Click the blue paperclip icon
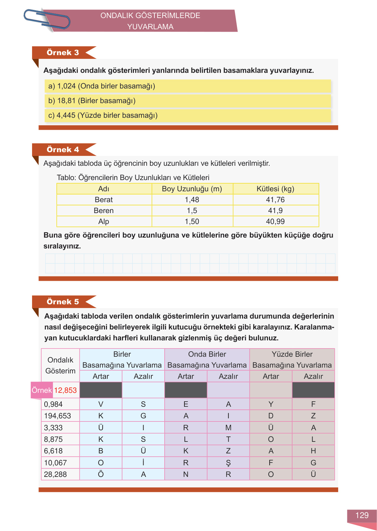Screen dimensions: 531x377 [x=47, y=19]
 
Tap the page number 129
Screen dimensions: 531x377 [x=362, y=515]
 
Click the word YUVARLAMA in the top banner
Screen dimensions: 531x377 [x=150, y=27]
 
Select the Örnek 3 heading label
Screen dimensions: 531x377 [x=63, y=52]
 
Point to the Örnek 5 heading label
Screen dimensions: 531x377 [x=63, y=302]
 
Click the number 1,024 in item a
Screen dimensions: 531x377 [x=66, y=86]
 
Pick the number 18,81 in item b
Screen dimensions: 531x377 [x=66, y=101]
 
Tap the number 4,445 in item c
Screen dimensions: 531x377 [x=66, y=115]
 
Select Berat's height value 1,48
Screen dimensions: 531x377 [x=192, y=200]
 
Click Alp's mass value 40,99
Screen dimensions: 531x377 [x=275, y=222]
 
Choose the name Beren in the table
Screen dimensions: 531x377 [x=104, y=211]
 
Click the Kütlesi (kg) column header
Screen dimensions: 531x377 [x=275, y=189]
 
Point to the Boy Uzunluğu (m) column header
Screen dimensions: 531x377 [x=192, y=189]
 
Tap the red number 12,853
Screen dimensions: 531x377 [x=65, y=390]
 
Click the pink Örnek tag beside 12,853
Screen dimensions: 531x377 [x=42, y=390]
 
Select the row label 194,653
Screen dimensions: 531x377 [x=57, y=416]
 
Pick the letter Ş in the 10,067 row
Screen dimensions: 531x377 [x=228, y=463]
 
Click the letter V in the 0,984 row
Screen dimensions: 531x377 [x=101, y=404]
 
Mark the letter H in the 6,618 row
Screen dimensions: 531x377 [x=313, y=451]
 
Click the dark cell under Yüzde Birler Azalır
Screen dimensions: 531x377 [x=313, y=390]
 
